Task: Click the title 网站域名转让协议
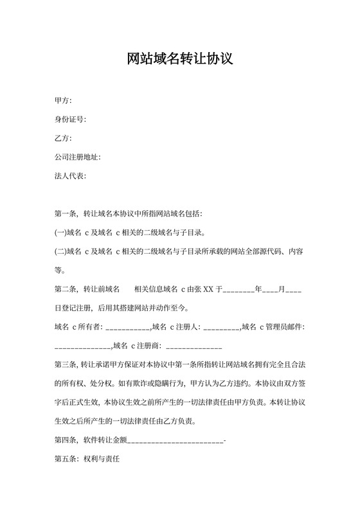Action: click(179, 60)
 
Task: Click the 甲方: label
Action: click(63, 101)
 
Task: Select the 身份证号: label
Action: click(70, 120)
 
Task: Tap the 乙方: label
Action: click(63, 138)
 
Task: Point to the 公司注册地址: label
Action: click(77, 157)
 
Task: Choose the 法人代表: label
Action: click(70, 175)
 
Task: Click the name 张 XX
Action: click(203, 290)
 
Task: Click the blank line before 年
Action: click(239, 290)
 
